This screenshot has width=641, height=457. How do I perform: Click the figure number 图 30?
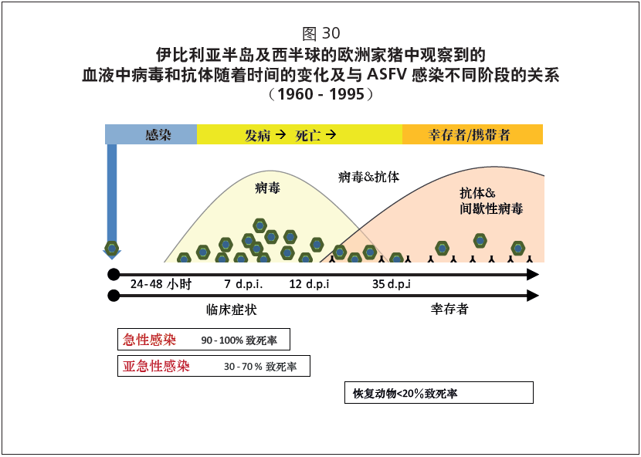pyautogui.click(x=321, y=33)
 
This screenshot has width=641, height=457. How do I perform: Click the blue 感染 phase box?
pyautogui.click(x=151, y=134)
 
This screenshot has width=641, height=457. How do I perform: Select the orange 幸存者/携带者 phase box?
pyautogui.click(x=473, y=134)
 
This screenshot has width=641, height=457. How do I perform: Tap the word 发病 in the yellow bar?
pyautogui.click(x=257, y=135)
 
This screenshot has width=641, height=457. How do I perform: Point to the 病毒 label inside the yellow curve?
pyautogui.click(x=268, y=188)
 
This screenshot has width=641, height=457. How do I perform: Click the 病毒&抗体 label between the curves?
pyautogui.click(x=368, y=178)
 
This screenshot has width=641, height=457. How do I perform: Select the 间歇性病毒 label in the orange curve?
pyautogui.click(x=491, y=209)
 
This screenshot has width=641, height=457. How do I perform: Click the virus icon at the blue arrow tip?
pyautogui.click(x=112, y=248)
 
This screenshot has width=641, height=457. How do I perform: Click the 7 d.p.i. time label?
pyautogui.click(x=243, y=284)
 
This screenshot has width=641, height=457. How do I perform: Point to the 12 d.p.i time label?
pyautogui.click(x=309, y=284)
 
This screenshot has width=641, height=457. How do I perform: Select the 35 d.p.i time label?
pyautogui.click(x=392, y=284)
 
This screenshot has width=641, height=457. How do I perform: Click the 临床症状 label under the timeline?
pyautogui.click(x=232, y=310)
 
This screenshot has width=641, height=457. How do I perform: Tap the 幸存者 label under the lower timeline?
pyautogui.click(x=449, y=309)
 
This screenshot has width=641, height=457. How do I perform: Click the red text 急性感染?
pyautogui.click(x=149, y=340)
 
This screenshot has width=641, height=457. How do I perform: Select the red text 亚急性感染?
pyautogui.click(x=156, y=366)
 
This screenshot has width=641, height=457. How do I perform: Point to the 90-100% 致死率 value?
pyautogui.click(x=239, y=340)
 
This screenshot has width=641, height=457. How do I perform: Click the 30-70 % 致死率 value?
pyautogui.click(x=260, y=367)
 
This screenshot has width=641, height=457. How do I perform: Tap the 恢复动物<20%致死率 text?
pyautogui.click(x=405, y=393)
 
